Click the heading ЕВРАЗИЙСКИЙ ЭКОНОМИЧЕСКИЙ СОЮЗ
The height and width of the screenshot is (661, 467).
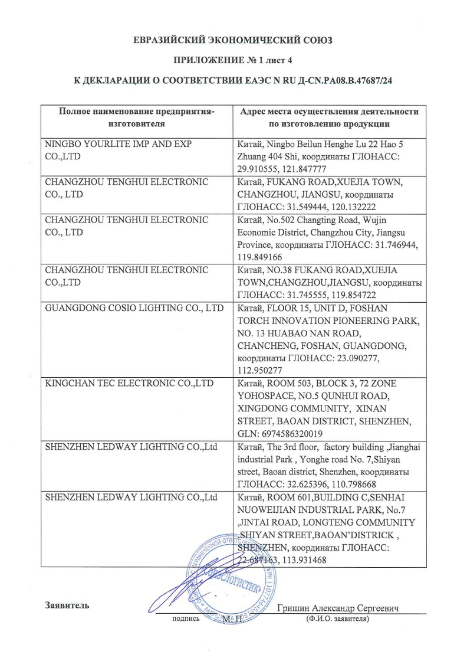coord(233,40)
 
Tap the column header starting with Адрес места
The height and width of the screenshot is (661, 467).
coord(329,117)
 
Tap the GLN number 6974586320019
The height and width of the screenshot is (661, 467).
coord(287,433)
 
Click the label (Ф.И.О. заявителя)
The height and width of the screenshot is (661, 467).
coord(338,620)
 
